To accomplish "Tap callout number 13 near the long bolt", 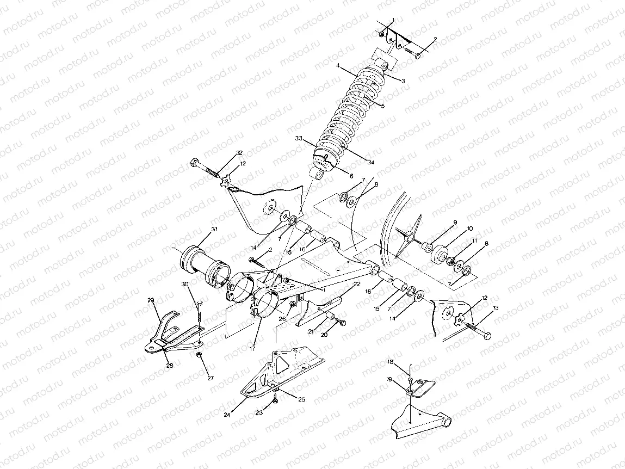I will pyautogui.click(x=495, y=308).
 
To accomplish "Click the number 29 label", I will pyautogui.click(x=151, y=300).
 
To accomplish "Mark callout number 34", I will pyautogui.click(x=372, y=162).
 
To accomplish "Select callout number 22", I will pyautogui.click(x=356, y=284).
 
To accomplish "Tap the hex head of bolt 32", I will pyautogui.click(x=195, y=162).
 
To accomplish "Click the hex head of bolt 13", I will pyautogui.click(x=487, y=335).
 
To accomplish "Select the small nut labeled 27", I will pyautogui.click(x=200, y=355).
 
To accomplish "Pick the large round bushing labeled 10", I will pyautogui.click(x=440, y=254).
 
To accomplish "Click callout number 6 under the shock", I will pyautogui.click(x=351, y=176).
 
